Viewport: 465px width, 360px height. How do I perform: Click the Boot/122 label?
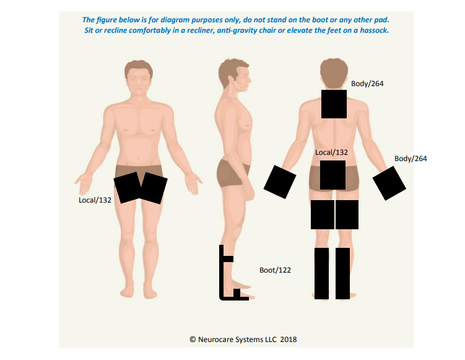pyautogui.click(x=275, y=270)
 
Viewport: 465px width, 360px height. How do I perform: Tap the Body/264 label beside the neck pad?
pyautogui.click(x=367, y=84)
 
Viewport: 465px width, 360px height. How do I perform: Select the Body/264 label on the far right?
pyautogui.click(x=411, y=159)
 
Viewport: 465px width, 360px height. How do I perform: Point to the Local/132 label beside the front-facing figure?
pyautogui.click(x=95, y=200)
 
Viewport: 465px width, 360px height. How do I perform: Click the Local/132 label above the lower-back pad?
pyautogui.click(x=331, y=152)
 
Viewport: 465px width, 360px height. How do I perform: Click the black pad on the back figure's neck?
pyautogui.click(x=334, y=104)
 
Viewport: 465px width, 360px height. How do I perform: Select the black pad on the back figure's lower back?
pyautogui.click(x=332, y=175)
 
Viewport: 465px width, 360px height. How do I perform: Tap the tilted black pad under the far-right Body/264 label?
pyautogui.click(x=389, y=183)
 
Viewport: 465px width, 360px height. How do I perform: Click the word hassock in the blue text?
pyautogui.click(x=374, y=30)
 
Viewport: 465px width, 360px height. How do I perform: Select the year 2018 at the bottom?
pyautogui.click(x=289, y=340)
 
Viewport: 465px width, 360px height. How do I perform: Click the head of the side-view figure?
pyautogui.click(x=235, y=76)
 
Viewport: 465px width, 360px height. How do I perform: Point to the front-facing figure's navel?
pyautogui.click(x=139, y=158)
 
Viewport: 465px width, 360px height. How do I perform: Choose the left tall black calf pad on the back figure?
pyautogui.click(x=321, y=273)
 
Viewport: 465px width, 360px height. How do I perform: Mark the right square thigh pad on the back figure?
pyautogui.click(x=347, y=214)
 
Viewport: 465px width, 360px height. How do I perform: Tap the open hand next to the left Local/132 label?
pyautogui.click(x=84, y=183)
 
